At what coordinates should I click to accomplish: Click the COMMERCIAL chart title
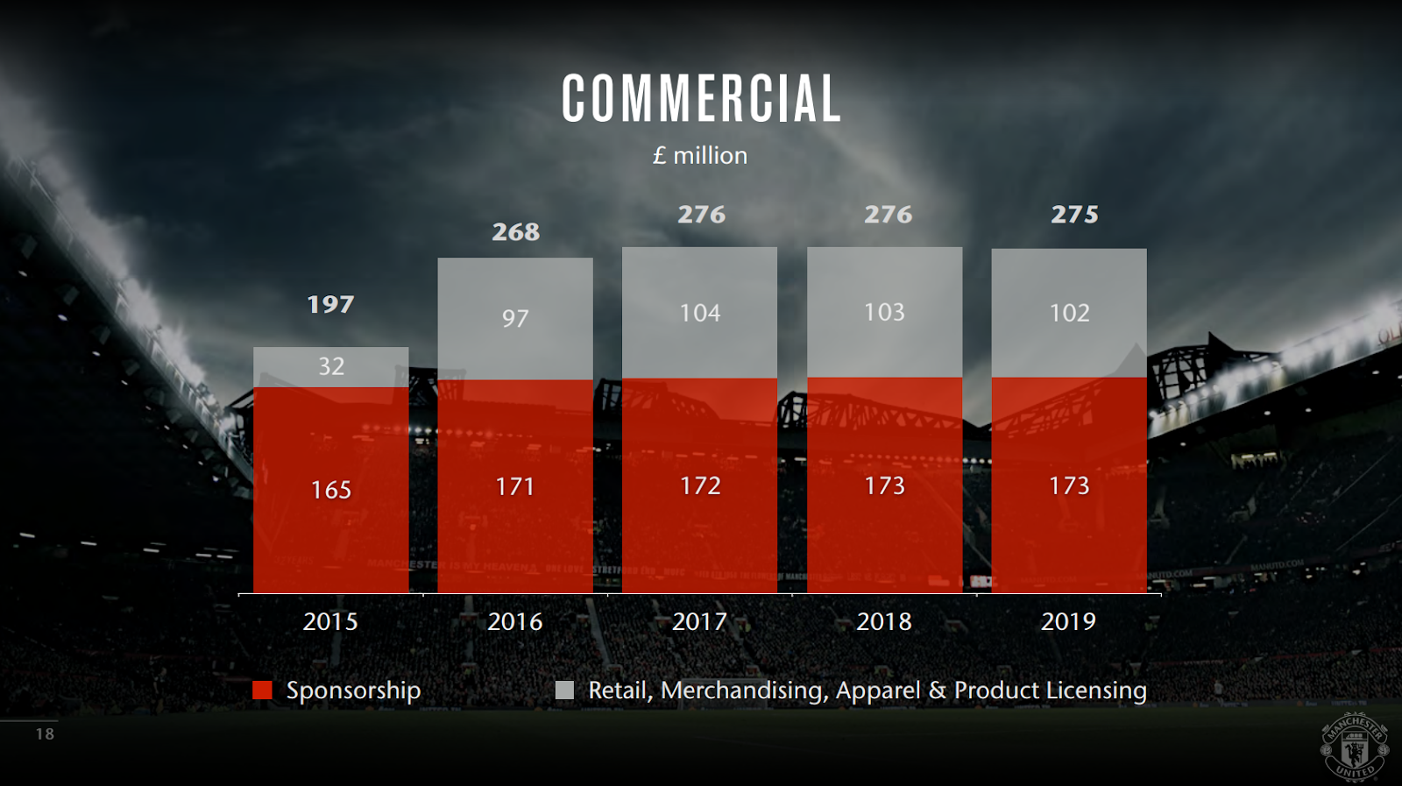click(x=701, y=98)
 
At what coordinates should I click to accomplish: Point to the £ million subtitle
click(x=699, y=155)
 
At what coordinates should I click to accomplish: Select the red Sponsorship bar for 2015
click(x=330, y=526)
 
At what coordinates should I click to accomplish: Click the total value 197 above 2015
click(x=330, y=304)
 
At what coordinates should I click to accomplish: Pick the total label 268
click(x=515, y=231)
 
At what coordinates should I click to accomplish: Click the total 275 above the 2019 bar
click(x=1074, y=214)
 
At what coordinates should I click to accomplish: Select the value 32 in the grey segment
click(x=330, y=366)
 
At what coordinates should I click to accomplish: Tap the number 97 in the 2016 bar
click(x=515, y=317)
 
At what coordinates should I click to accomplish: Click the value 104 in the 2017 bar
click(x=699, y=313)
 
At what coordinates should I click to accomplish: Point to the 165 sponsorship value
click(x=330, y=490)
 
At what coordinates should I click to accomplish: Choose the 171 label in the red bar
click(x=515, y=486)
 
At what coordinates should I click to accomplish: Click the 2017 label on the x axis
click(x=699, y=621)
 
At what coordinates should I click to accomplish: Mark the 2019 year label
click(x=1068, y=621)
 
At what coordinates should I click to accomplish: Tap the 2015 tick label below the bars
click(x=330, y=621)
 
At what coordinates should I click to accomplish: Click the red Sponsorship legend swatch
click(x=262, y=690)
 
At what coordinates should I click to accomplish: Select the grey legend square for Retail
click(x=564, y=690)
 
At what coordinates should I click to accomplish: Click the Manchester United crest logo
click(x=1355, y=747)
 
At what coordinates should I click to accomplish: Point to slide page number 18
click(x=45, y=733)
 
